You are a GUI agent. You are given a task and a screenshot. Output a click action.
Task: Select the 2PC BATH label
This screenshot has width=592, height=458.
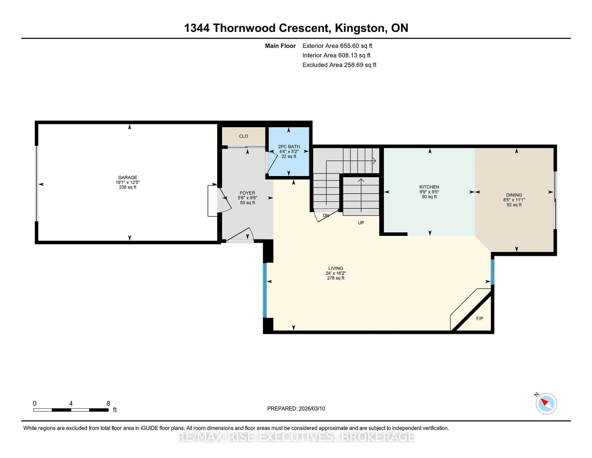point(289,146)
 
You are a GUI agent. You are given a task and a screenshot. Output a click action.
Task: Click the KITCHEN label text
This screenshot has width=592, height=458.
point(429,187)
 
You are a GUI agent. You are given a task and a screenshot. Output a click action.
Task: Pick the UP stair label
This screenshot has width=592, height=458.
point(361,223)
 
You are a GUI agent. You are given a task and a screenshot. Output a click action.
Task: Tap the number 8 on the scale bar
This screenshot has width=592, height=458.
point(108,404)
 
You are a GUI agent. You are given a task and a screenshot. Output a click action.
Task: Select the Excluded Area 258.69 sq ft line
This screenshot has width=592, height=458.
point(339,65)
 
